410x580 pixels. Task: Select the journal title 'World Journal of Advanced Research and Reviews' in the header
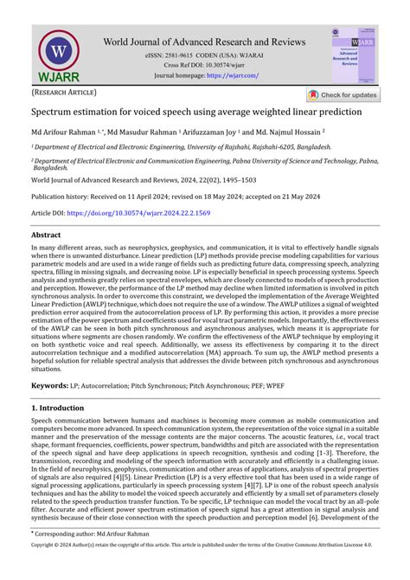click(205, 41)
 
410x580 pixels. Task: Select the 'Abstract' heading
click(46, 235)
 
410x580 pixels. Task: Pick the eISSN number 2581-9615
click(187, 55)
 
